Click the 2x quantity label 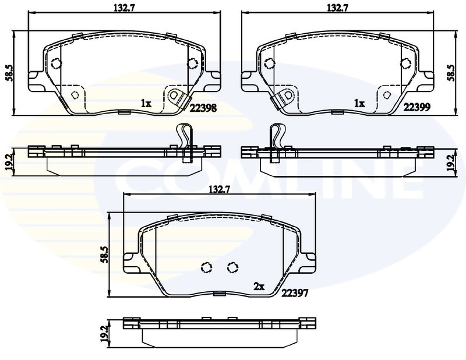click(259, 285)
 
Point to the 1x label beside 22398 click(146, 104)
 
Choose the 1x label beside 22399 click(359, 104)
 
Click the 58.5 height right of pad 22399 click(451, 74)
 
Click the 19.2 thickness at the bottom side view click(104, 334)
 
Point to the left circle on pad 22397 click(206, 267)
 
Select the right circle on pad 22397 click(232, 267)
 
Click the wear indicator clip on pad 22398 click(175, 97)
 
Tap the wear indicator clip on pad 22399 click(286, 97)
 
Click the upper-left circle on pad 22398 click(57, 64)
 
